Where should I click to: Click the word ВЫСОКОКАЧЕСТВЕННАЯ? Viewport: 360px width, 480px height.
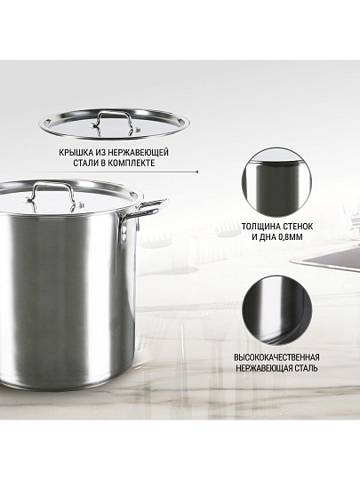(x=276, y=357)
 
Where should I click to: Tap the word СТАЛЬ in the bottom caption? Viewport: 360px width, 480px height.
(x=306, y=368)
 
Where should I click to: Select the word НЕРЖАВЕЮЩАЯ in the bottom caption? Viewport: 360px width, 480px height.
(x=264, y=368)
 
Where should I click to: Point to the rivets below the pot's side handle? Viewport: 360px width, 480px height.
(x=124, y=233)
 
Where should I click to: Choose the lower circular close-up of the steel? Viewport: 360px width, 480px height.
(x=277, y=311)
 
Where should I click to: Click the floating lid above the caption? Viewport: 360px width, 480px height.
(x=114, y=123)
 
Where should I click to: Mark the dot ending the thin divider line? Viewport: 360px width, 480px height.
(x=196, y=172)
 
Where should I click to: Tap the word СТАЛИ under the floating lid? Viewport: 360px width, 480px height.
(x=85, y=163)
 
